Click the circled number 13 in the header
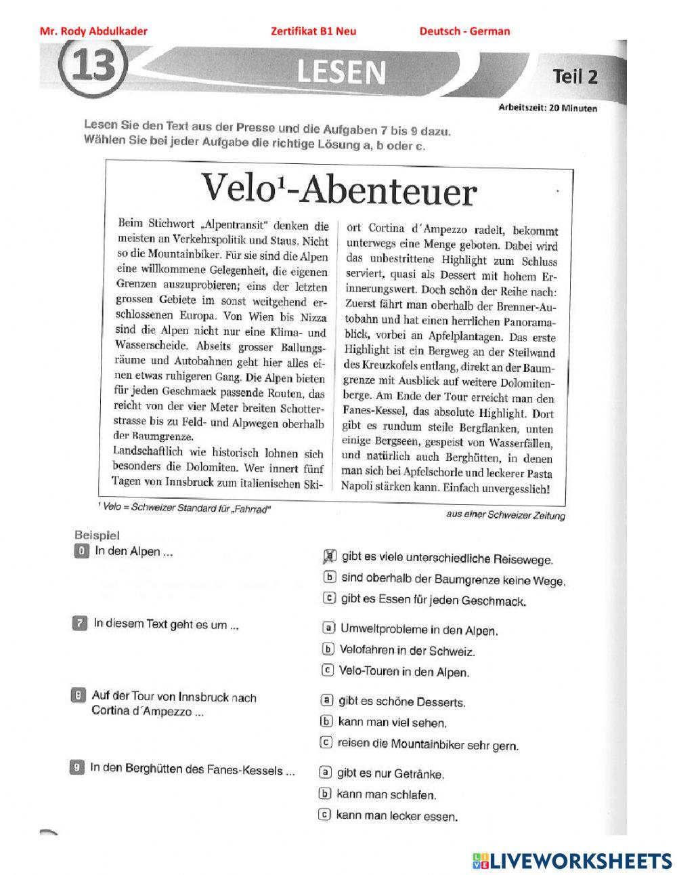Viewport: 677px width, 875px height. (94, 68)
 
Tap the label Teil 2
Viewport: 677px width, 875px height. (575, 76)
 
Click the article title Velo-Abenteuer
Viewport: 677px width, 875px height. (338, 189)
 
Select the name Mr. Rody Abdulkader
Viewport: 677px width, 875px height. (93, 31)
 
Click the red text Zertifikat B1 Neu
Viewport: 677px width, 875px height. (313, 31)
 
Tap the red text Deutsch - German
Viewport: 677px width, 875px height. (464, 31)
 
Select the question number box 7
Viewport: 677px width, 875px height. (80, 624)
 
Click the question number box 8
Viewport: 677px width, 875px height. (79, 695)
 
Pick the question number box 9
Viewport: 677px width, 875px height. (77, 768)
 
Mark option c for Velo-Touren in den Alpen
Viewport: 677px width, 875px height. (328, 671)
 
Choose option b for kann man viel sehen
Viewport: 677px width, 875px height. (326, 722)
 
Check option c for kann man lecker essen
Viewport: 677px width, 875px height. (325, 815)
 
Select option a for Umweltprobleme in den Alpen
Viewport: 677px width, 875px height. (328, 628)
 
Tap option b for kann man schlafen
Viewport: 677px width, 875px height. (325, 794)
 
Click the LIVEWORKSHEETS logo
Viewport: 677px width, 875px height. (572, 860)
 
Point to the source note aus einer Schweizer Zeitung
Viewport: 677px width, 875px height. (505, 514)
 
